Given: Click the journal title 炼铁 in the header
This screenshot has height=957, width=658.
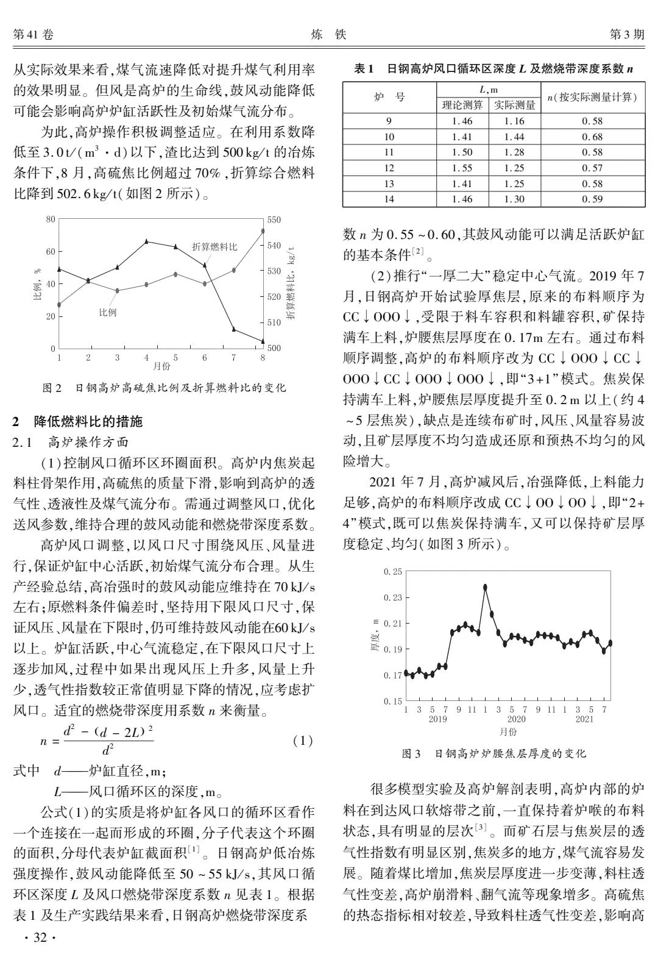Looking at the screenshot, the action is click(x=328, y=35).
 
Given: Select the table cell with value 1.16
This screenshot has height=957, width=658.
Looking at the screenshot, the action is click(x=514, y=121).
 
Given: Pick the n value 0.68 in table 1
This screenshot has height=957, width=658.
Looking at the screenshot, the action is click(x=592, y=137).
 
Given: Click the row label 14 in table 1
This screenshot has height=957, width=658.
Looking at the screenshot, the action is click(x=389, y=199).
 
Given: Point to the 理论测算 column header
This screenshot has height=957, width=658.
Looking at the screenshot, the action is click(x=463, y=105).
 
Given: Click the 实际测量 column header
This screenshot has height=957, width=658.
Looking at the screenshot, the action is click(x=515, y=105).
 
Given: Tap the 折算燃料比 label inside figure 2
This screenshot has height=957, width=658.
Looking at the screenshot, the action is click(x=214, y=246).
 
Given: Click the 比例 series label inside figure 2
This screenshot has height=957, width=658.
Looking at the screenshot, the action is click(x=108, y=312).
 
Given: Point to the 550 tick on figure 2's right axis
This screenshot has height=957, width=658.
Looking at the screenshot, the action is click(x=274, y=219).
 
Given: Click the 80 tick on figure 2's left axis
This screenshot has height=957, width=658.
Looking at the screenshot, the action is click(x=51, y=219).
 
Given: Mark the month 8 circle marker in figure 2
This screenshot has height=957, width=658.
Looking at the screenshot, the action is click(x=263, y=231).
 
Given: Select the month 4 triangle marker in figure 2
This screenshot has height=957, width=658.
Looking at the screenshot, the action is click(x=146, y=241).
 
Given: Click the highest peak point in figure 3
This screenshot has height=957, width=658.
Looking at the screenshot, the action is click(x=486, y=588).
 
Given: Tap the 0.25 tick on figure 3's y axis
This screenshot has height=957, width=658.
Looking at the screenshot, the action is click(x=393, y=572).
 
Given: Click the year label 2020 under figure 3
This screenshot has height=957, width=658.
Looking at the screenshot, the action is click(x=517, y=719).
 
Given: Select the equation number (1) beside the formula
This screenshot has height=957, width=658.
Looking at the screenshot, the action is click(x=303, y=741).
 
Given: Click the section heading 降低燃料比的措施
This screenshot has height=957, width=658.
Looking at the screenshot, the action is click(x=85, y=421).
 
